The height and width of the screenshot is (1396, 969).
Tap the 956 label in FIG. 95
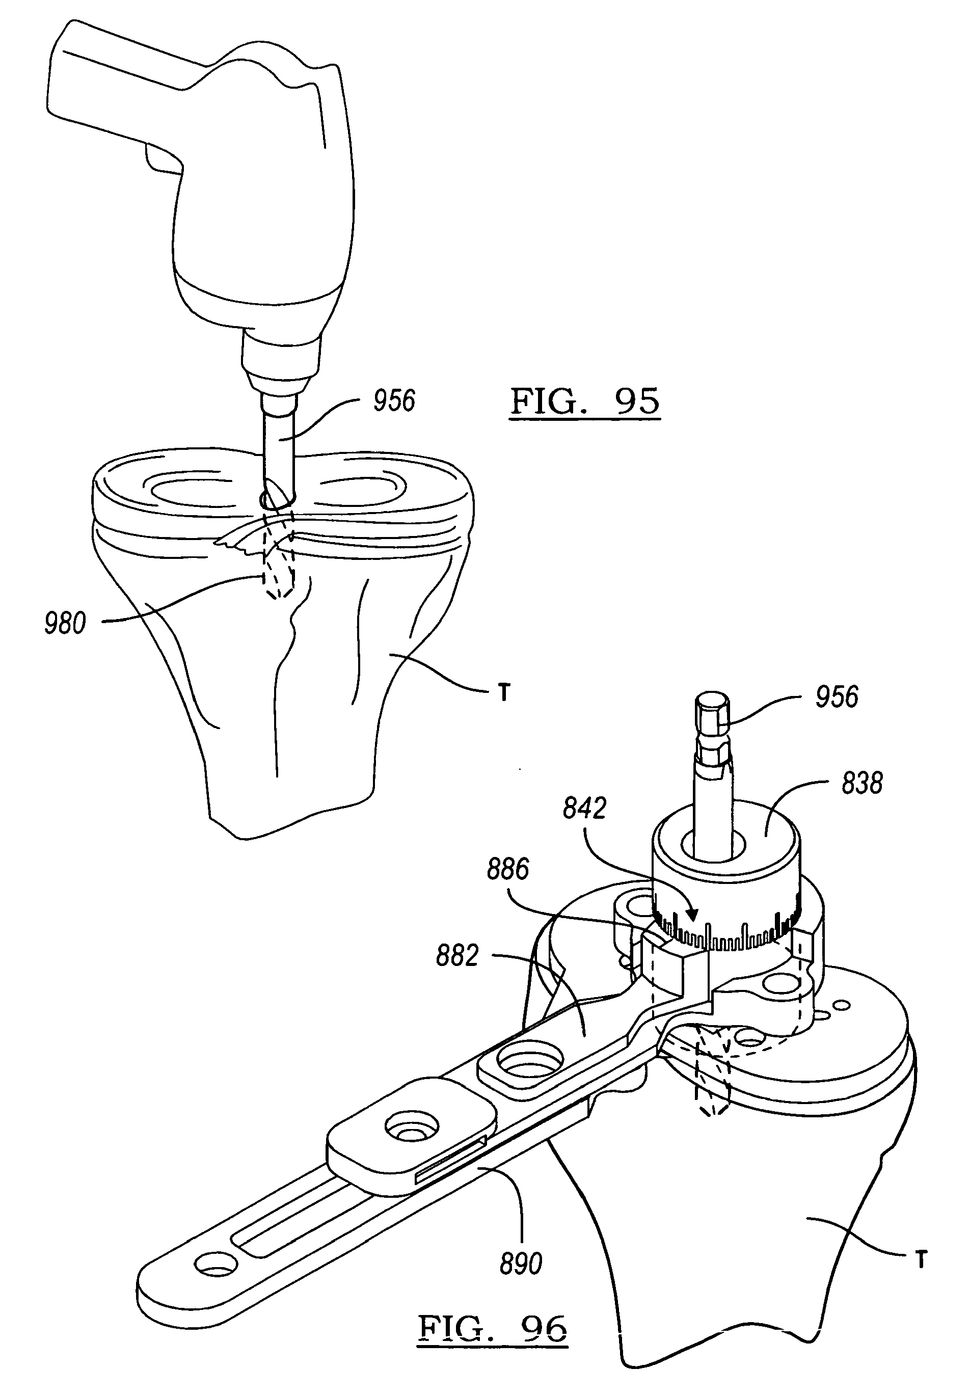click(394, 401)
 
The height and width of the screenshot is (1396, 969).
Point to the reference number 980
click(65, 624)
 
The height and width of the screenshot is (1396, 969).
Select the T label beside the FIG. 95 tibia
click(504, 692)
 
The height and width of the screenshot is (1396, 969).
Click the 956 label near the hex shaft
click(837, 696)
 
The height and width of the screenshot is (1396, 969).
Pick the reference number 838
click(862, 783)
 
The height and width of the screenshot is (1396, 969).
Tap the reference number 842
click(584, 808)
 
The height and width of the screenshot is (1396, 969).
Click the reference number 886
click(507, 869)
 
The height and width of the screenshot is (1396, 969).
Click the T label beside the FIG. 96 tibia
click(921, 1260)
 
